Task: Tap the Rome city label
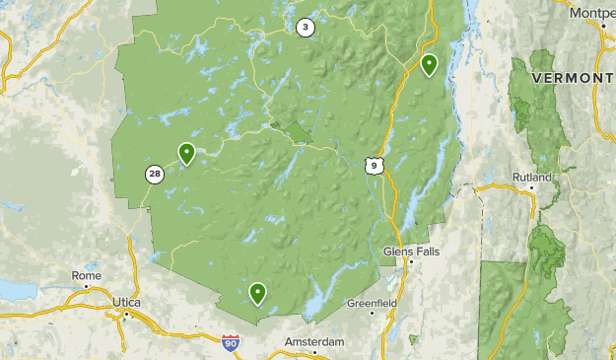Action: (x=86, y=275)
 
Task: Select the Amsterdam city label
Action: (x=314, y=341)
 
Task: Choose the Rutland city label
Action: (x=531, y=178)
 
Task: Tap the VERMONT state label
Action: (x=573, y=78)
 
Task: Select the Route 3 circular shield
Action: (x=305, y=28)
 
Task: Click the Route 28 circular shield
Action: (x=155, y=175)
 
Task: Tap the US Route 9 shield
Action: (x=372, y=166)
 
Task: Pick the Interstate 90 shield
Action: (x=230, y=343)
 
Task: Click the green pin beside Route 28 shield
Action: (x=186, y=153)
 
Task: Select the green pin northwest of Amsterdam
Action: (x=257, y=292)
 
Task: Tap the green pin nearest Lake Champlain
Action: (x=429, y=65)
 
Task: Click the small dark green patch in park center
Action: (x=299, y=131)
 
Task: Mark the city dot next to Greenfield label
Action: (x=373, y=313)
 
